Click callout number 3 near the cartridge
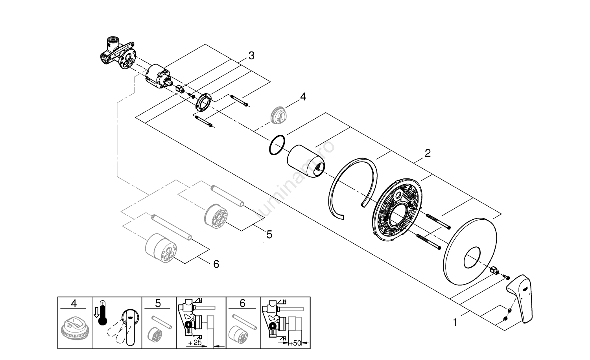[251, 56]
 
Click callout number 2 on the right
[428, 153]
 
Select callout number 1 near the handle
[455, 323]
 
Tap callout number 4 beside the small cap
[303, 96]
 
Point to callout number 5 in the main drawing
[269, 235]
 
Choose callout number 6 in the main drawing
[216, 264]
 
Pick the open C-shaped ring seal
[351, 188]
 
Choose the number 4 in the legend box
[74, 303]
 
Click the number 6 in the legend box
[242, 303]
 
